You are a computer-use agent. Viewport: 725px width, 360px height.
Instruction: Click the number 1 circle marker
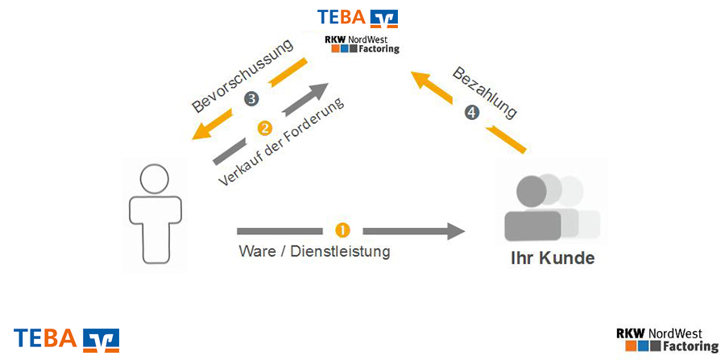(x=342, y=230)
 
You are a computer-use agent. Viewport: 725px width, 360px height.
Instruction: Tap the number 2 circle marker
(x=263, y=128)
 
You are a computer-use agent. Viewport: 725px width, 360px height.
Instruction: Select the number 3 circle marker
(x=251, y=99)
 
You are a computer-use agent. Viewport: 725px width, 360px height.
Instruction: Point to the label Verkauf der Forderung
(x=281, y=144)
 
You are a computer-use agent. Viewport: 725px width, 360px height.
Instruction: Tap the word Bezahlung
(x=484, y=92)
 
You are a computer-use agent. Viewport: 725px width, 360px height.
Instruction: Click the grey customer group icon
(x=548, y=207)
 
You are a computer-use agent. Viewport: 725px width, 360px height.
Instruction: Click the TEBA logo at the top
(x=357, y=17)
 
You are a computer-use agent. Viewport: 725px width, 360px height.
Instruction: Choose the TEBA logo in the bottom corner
(x=66, y=338)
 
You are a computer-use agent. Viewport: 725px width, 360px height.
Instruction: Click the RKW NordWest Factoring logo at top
(x=361, y=43)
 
